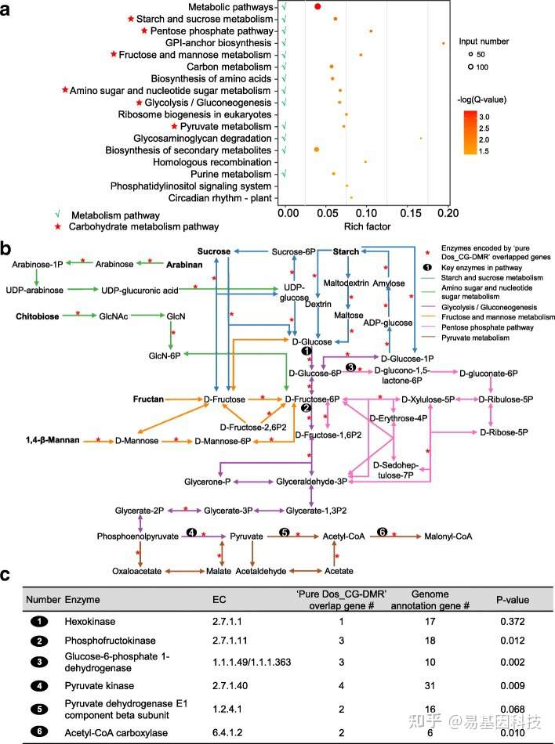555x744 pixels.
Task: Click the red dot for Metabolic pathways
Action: [317, 6]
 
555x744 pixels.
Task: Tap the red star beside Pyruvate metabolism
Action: [175, 126]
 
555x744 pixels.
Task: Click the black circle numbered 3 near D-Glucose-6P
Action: [351, 367]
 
